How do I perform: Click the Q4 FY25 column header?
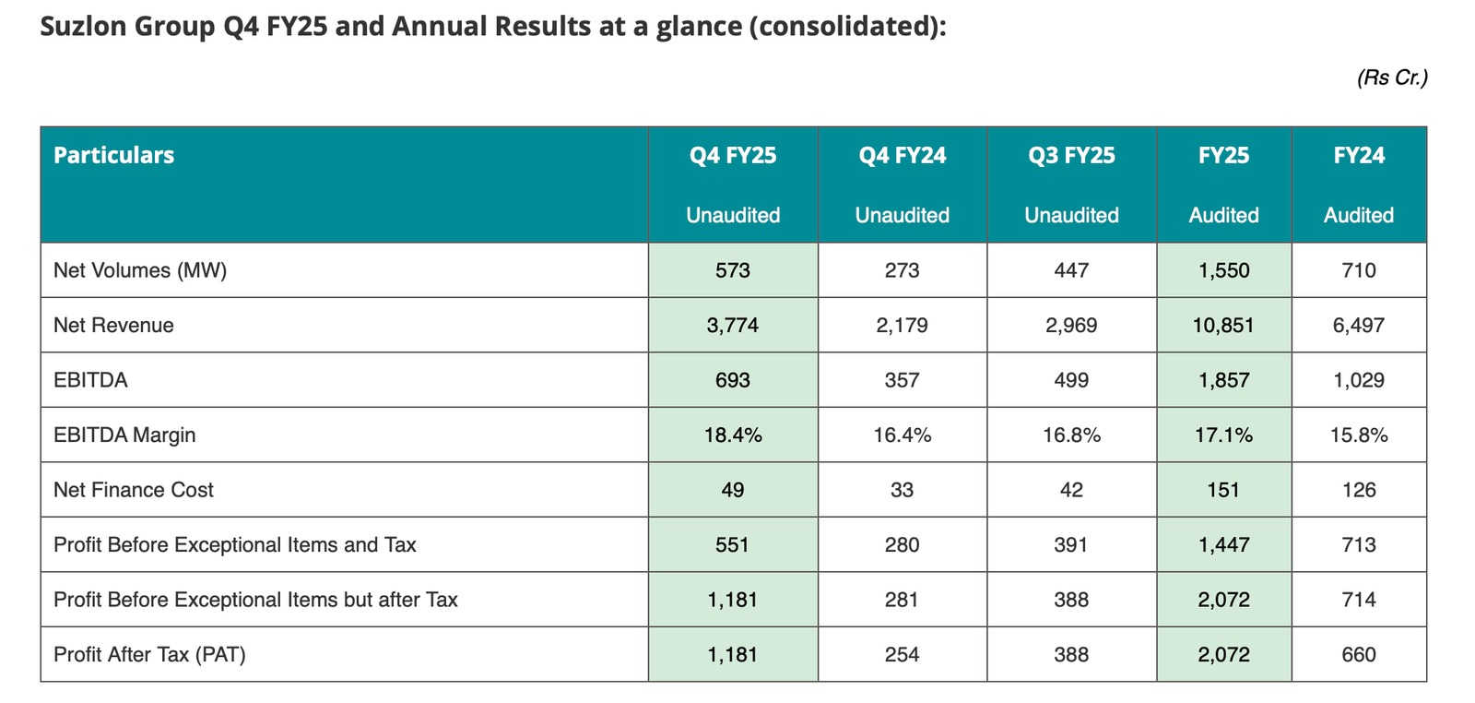(x=733, y=156)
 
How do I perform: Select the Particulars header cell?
(x=113, y=156)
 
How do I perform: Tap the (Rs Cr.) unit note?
(x=1391, y=78)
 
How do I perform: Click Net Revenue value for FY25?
(x=1223, y=326)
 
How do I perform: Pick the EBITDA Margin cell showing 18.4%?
(x=733, y=435)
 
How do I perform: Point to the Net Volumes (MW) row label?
(x=140, y=270)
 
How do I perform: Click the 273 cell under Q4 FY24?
(x=902, y=270)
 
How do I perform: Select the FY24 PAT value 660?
(x=1359, y=655)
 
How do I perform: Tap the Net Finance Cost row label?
(x=134, y=490)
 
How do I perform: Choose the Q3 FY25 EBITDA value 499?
(x=1071, y=380)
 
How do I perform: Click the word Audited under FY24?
(x=1359, y=216)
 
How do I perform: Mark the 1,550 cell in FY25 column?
(x=1223, y=270)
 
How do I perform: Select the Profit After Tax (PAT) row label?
(x=149, y=655)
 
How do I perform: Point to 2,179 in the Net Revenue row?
(x=902, y=326)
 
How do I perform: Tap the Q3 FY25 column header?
(x=1071, y=156)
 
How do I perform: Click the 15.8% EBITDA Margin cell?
(x=1359, y=435)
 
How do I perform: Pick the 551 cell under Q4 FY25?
(x=733, y=545)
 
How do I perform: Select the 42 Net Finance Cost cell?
(x=1071, y=490)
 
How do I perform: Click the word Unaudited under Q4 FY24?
(x=902, y=216)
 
